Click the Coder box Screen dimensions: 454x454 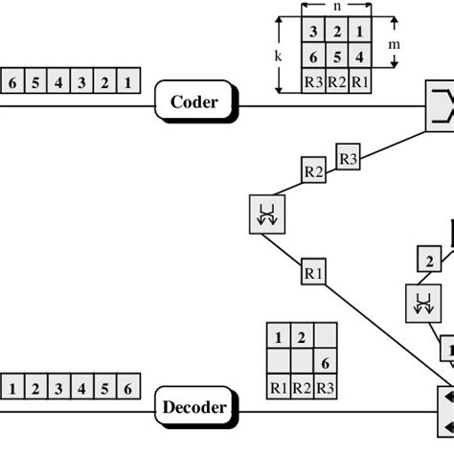(x=194, y=102)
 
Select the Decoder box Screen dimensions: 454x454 (x=194, y=408)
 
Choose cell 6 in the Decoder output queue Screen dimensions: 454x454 (x=128, y=389)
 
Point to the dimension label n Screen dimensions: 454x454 (x=336, y=6)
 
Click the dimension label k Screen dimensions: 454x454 (x=278, y=57)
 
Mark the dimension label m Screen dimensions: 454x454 (x=406, y=45)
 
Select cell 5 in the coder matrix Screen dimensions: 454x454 (x=336, y=57)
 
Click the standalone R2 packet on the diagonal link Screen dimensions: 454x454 (x=313, y=171)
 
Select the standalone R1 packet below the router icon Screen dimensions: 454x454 (x=313, y=273)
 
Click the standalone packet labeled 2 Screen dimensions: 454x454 (x=429, y=260)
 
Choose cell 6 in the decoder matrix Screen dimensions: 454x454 (x=325, y=362)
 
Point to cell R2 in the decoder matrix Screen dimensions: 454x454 (x=301, y=387)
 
